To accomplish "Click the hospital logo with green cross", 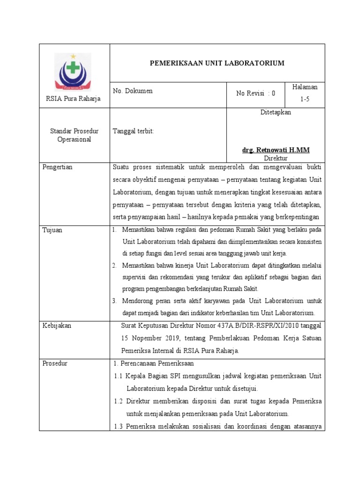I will pos(73,71).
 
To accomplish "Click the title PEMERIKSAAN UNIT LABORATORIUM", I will pos(217,63).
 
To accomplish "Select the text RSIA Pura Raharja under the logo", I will pos(73,98).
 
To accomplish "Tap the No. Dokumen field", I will pos(133,91).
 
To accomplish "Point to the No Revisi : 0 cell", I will pos(255,93).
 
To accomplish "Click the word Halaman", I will pos(305,87).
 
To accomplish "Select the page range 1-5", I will pos(305,100).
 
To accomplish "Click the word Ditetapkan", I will pos(276,112).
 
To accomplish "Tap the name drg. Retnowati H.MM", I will pos(276,150).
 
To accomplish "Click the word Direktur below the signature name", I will pos(276,158).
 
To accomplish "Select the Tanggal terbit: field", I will pos(134,131).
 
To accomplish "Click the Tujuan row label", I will pos(52,230).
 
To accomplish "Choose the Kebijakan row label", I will pos(57,326).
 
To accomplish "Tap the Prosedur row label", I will pos(54,364).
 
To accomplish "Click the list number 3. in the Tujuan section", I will pos(115,301).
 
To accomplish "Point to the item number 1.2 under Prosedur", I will pos(119,401).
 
